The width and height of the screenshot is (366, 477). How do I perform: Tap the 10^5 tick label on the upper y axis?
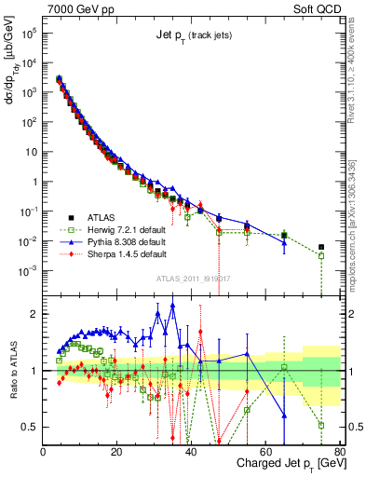pyautogui.click(x=28, y=32)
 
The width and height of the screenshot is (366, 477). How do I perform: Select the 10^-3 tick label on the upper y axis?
pyautogui.click(x=28, y=270)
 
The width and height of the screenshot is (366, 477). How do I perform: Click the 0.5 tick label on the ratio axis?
pyautogui.click(x=30, y=427)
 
